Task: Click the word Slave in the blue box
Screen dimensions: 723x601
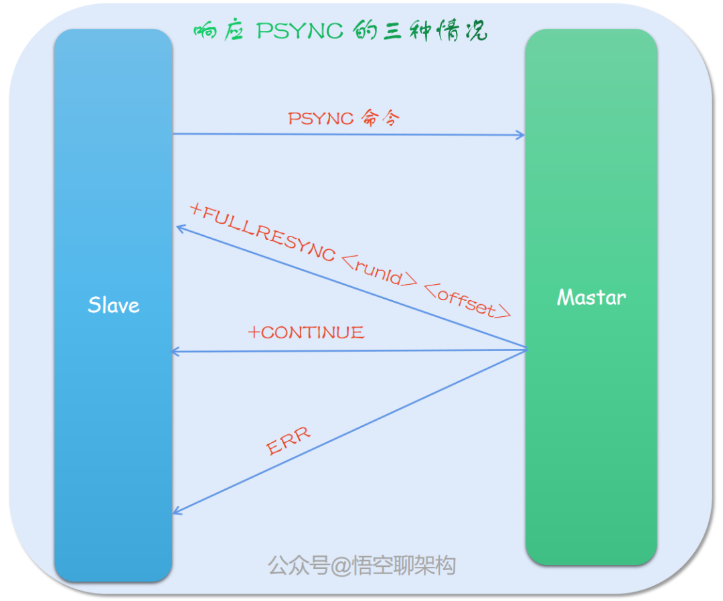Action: click(x=114, y=306)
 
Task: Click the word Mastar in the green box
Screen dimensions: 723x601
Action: click(x=591, y=297)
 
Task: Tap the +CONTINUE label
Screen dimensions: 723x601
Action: click(x=307, y=332)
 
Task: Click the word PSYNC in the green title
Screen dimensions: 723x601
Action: click(x=300, y=31)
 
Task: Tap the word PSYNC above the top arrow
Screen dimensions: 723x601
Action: click(x=321, y=118)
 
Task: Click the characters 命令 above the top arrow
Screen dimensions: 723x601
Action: click(x=380, y=118)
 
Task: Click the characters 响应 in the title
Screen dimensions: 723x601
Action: click(x=217, y=31)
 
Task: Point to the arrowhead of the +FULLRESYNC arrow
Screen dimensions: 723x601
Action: click(x=179, y=228)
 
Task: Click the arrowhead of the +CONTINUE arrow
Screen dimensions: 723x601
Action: click(x=175, y=352)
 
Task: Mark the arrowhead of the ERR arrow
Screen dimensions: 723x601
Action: click(x=177, y=512)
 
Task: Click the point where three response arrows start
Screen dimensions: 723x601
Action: click(x=526, y=349)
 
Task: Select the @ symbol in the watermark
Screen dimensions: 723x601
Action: click(x=341, y=565)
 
